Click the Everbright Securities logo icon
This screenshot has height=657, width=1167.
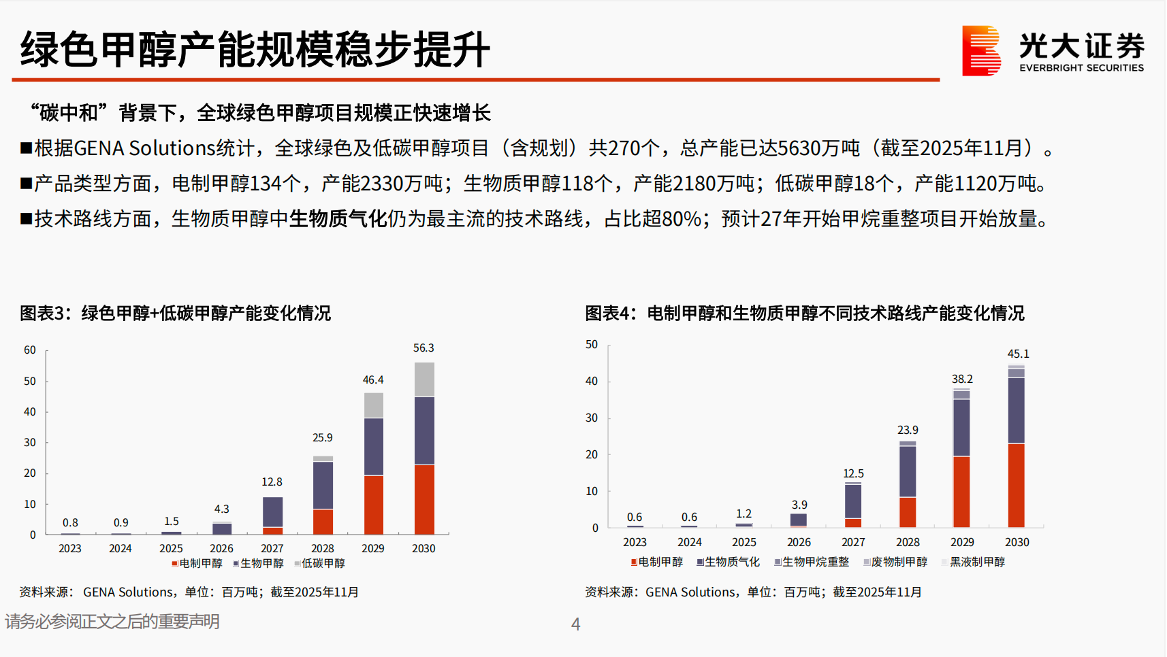pos(981,50)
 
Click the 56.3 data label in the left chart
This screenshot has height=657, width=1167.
pos(423,348)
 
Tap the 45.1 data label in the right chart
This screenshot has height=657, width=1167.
pos(1018,354)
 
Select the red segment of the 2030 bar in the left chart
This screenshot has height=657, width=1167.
pos(424,499)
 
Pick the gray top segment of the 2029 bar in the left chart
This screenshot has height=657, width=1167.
pos(373,405)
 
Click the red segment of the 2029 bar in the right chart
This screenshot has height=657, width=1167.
pos(961,492)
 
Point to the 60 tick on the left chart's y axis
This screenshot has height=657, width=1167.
pos(30,350)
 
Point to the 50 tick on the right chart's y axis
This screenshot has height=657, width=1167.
pos(592,345)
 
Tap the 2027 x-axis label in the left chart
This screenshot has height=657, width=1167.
pos(272,548)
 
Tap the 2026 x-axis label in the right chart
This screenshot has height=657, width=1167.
pos(799,542)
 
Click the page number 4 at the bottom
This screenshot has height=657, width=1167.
pos(575,624)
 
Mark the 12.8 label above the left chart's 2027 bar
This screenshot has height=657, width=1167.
pos(272,482)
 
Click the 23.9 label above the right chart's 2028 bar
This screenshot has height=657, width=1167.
pos(908,431)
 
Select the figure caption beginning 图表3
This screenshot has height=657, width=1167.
pos(175,314)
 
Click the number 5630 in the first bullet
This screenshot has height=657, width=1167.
pos(799,148)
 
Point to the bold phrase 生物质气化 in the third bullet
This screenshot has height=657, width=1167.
pos(338,219)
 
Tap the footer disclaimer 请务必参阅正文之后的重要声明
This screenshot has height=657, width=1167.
pos(112,622)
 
